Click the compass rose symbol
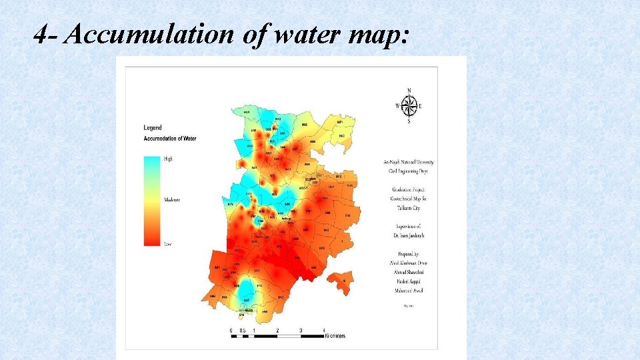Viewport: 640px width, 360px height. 409,105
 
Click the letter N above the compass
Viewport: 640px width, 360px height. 409,91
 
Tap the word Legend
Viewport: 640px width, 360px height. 153,127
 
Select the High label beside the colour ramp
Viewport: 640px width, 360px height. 168,159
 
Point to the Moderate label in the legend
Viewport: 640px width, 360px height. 172,200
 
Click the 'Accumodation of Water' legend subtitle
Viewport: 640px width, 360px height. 170,139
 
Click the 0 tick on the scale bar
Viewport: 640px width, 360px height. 231,330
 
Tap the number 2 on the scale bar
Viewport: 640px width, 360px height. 277,330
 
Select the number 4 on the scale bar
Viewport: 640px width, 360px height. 324,330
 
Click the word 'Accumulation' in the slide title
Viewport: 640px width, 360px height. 143,35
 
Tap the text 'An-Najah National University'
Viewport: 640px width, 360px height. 409,162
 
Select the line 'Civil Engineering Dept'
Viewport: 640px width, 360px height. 409,171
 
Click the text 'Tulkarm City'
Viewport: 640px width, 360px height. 409,208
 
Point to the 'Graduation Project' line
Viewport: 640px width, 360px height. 409,189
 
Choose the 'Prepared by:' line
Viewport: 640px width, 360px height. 409,254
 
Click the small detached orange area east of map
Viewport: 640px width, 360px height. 341,282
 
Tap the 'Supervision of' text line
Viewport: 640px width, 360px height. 409,227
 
